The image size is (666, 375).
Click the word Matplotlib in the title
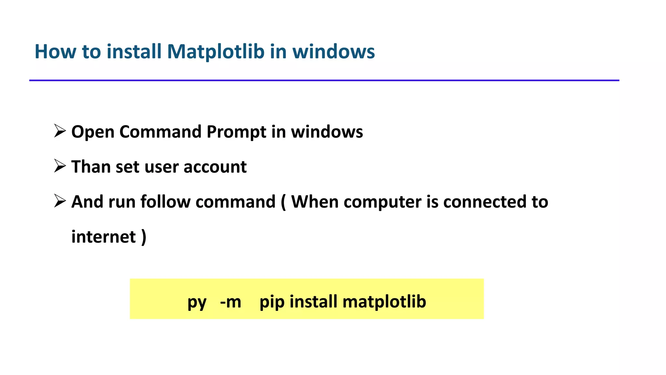(215, 51)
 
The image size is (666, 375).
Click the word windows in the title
(333, 51)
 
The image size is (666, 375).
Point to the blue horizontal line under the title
(324, 80)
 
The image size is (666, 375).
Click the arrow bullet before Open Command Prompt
(60, 131)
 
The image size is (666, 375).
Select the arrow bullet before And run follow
(60, 201)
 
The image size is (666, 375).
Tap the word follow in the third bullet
(165, 201)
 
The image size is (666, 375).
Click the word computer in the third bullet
(382, 202)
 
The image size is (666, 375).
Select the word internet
(103, 237)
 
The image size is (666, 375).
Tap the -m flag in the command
(231, 302)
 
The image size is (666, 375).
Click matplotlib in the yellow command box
(384, 301)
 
